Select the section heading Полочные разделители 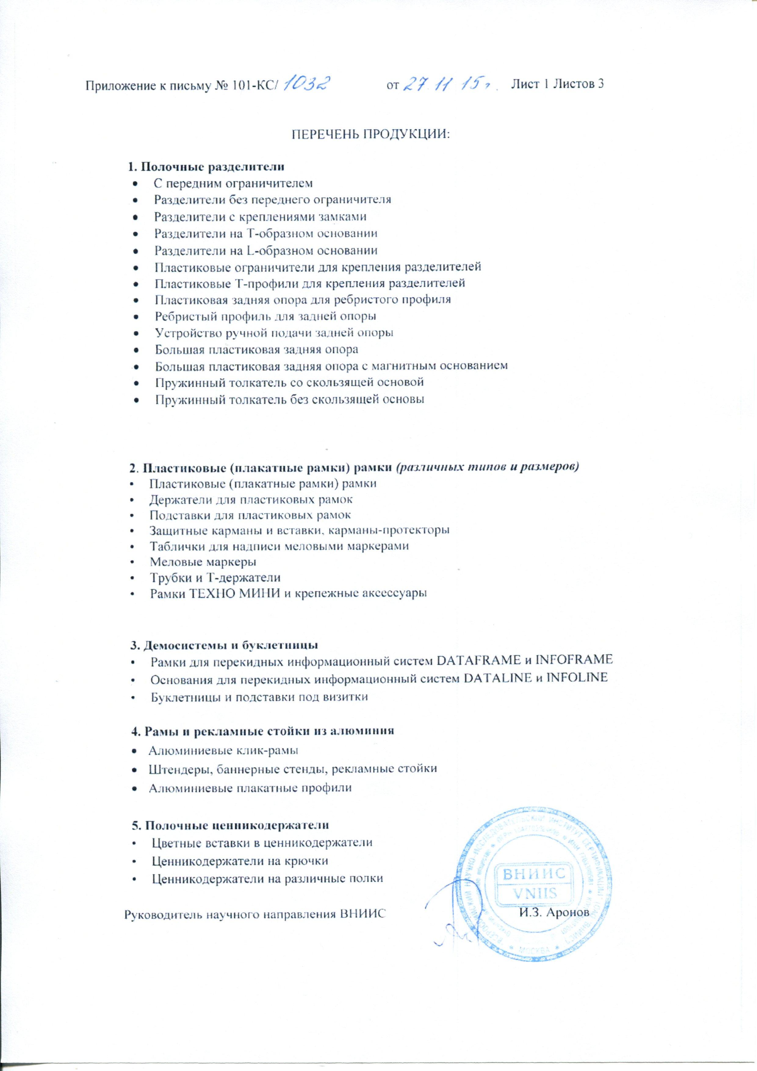click(x=207, y=167)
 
